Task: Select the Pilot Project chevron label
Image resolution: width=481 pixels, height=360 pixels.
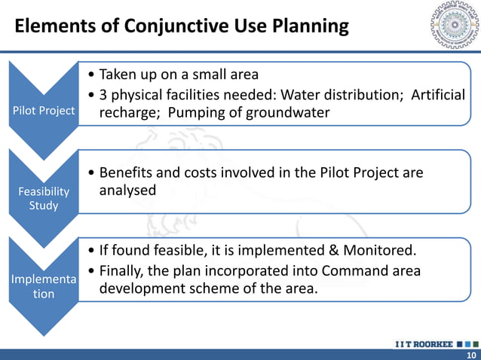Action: point(44,111)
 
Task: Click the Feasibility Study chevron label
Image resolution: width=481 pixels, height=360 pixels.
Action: point(44,198)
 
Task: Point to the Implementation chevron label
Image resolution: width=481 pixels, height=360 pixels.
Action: point(44,286)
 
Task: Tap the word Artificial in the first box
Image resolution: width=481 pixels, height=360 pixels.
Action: point(438,95)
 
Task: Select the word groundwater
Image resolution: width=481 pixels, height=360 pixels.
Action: point(290,112)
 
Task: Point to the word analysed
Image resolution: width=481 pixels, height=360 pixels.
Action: point(128,191)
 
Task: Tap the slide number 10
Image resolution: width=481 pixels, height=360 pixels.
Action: point(471,355)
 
